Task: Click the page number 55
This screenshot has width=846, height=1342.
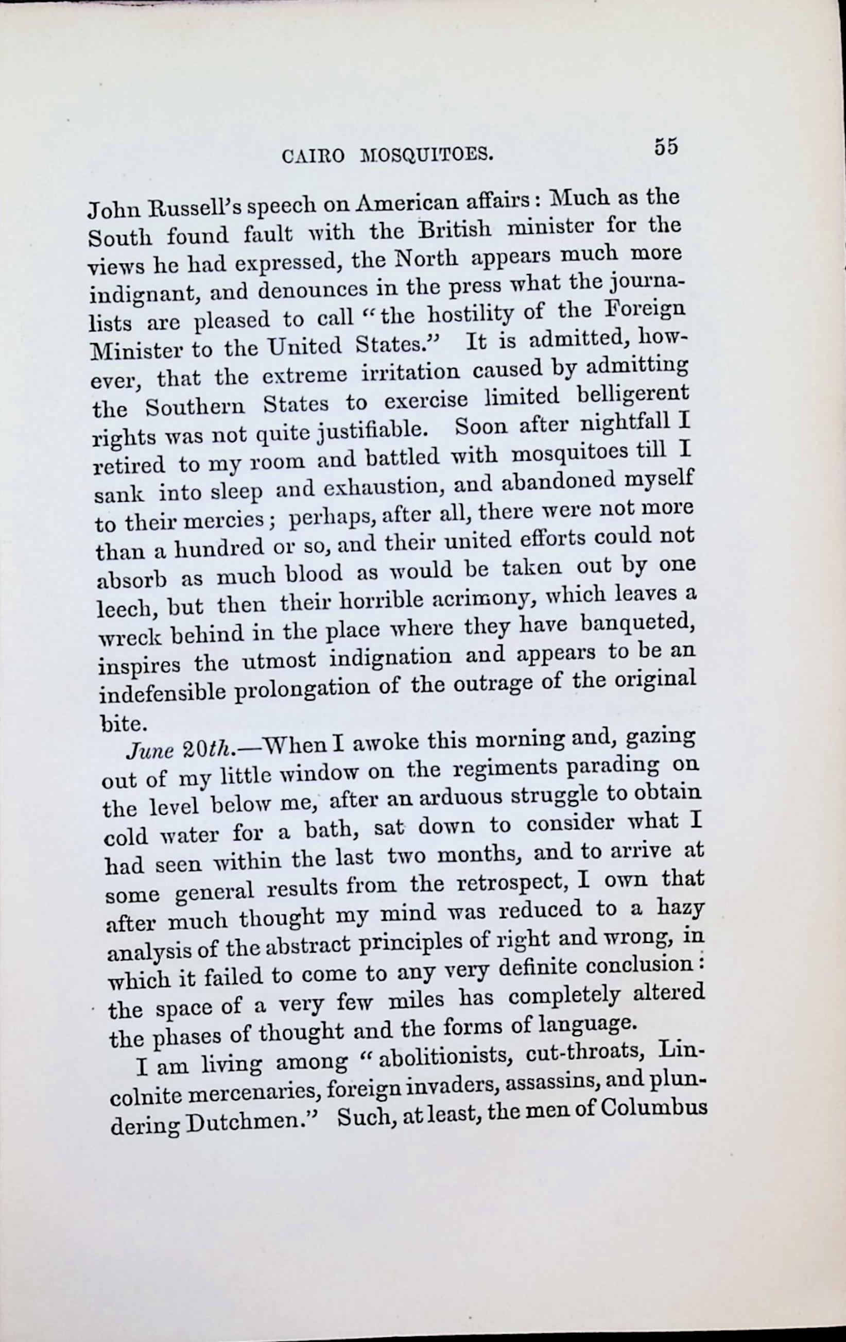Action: (x=666, y=147)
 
